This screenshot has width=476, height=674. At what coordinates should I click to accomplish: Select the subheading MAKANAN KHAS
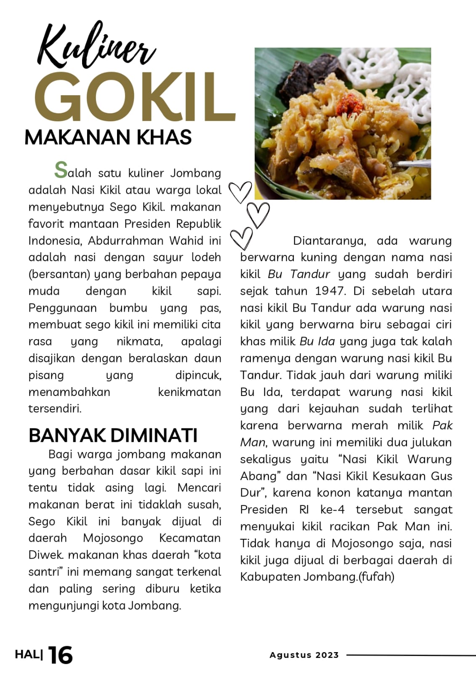point(108,137)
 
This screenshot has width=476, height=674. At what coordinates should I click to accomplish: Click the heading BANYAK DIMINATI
point(113,435)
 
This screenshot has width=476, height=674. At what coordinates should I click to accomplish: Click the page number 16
point(61,655)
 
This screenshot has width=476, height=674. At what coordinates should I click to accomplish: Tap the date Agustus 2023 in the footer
point(304,655)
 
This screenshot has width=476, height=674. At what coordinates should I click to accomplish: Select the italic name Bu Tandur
point(299,274)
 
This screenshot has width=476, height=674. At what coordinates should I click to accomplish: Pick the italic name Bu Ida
point(317,342)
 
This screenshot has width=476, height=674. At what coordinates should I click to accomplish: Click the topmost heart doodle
point(240,192)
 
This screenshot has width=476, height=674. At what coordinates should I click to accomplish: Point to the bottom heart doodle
point(242,238)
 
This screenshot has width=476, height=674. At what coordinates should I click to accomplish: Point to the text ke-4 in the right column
point(332,510)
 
